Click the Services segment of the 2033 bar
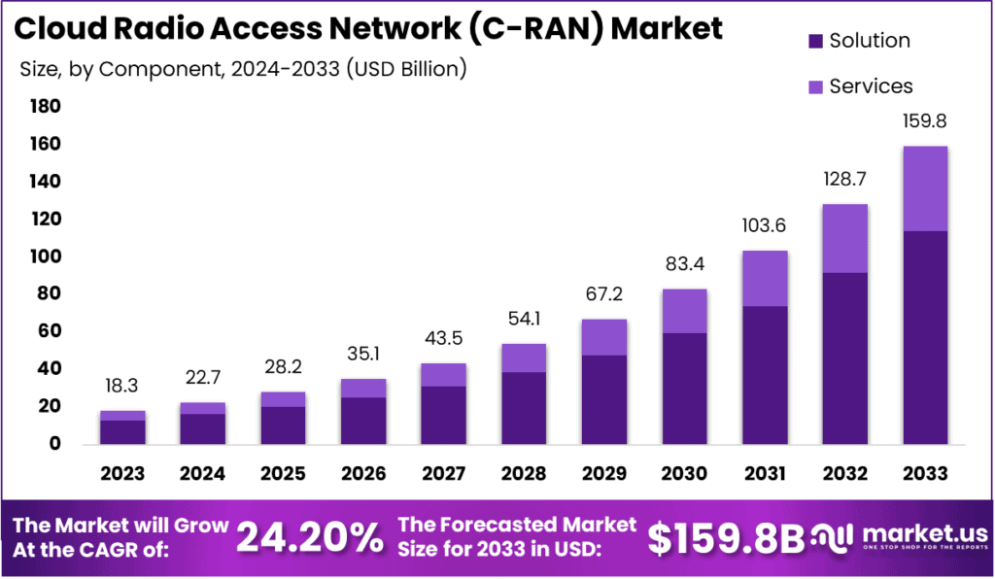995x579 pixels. click(925, 188)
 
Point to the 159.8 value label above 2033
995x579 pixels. click(925, 123)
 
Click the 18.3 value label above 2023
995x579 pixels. click(122, 387)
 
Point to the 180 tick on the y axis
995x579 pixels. click(46, 106)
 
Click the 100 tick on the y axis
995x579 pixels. click(46, 256)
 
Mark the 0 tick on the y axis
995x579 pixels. click(54, 444)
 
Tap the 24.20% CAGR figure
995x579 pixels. click(310, 537)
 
